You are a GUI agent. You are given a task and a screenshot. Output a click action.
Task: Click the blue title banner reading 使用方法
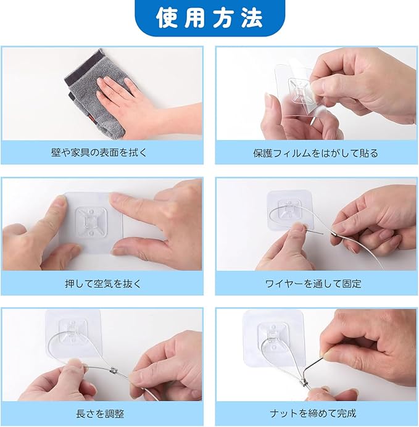click(x=210, y=18)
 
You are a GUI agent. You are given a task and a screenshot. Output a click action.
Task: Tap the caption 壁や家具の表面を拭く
click(x=99, y=152)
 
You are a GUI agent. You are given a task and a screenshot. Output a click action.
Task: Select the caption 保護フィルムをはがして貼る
click(x=315, y=153)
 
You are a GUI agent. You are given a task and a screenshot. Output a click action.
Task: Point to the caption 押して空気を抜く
click(x=103, y=284)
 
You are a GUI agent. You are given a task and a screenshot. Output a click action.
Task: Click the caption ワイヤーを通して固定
click(x=313, y=284)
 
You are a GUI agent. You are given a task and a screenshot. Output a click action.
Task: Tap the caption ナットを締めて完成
click(x=313, y=413)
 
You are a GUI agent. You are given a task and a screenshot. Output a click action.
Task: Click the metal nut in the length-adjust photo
click(x=114, y=370)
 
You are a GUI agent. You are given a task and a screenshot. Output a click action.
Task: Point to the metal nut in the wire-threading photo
click(x=334, y=234)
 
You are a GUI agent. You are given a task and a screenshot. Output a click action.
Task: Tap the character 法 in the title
click(x=252, y=18)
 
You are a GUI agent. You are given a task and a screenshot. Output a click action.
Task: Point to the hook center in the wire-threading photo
click(x=289, y=210)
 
